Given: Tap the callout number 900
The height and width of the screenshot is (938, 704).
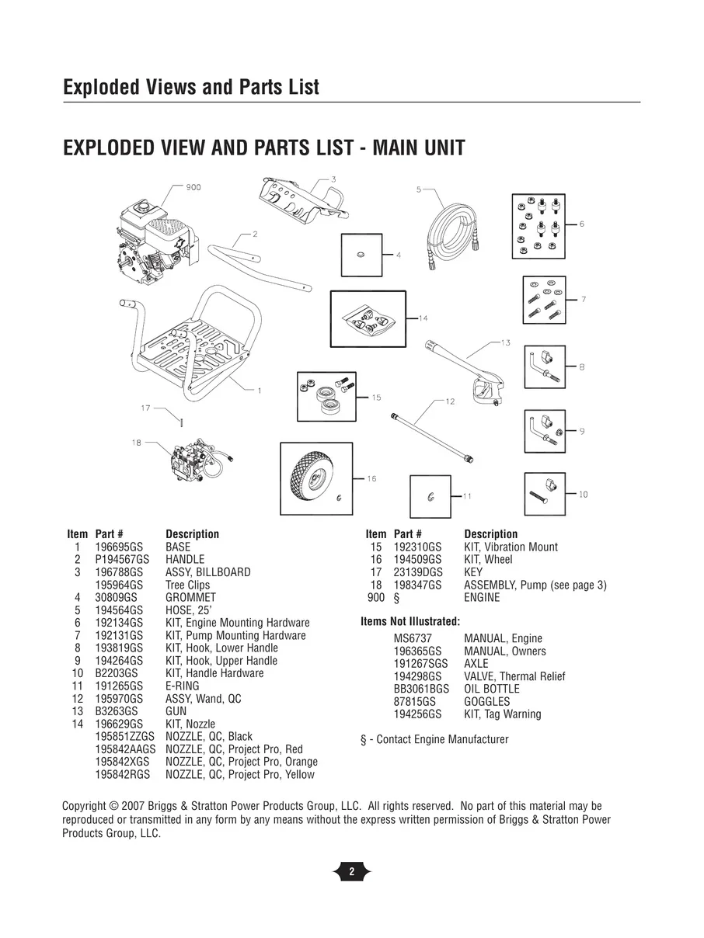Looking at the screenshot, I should (193, 187).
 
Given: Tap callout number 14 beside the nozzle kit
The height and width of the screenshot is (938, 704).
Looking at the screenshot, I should (423, 318).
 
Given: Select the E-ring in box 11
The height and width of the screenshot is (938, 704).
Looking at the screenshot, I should (430, 495).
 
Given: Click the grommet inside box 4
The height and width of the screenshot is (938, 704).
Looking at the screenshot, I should (361, 255).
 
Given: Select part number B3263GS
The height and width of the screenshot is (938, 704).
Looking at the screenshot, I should (117, 711).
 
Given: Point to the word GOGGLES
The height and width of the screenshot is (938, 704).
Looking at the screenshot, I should (487, 701).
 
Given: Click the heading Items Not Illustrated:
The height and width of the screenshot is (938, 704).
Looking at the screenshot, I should (410, 622).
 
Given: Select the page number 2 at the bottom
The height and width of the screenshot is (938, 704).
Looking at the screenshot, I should (351, 872).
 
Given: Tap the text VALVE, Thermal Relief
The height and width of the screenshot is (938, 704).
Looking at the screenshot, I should (514, 676).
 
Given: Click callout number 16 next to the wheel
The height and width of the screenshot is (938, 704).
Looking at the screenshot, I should (371, 478).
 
